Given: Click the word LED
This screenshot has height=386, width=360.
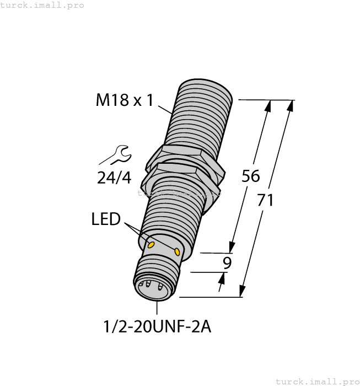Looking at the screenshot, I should pyautogui.click(x=106, y=219).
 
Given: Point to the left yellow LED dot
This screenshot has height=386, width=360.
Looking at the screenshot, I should pyautogui.click(x=150, y=244).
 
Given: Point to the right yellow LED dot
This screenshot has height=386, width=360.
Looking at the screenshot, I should pyautogui.click(x=178, y=251).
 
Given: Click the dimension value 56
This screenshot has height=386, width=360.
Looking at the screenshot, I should pyautogui.click(x=251, y=176).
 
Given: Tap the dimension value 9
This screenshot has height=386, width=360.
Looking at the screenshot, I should pyautogui.click(x=226, y=263).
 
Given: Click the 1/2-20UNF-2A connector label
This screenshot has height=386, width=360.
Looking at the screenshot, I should pyautogui.click(x=157, y=327).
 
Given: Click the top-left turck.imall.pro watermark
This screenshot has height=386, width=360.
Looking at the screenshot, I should pyautogui.click(x=42, y=5).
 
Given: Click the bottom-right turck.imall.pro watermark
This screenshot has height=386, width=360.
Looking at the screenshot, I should pyautogui.click(x=316, y=381).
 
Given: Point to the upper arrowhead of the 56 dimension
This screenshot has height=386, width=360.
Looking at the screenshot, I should pyautogui.click(x=268, y=106).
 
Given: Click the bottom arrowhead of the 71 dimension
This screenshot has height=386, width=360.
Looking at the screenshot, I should pyautogui.click(x=242, y=291).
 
